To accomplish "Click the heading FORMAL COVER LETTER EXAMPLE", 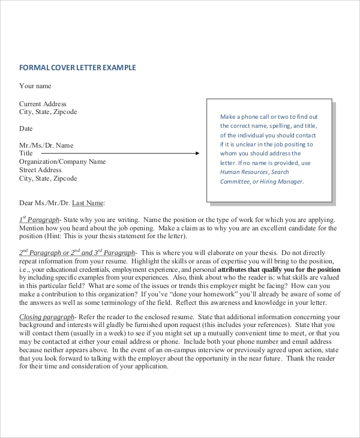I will pyautogui.click(x=77, y=68).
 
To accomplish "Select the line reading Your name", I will pyautogui.click(x=35, y=86).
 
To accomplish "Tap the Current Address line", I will pyautogui.click(x=43, y=104).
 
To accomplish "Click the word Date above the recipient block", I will pyautogui.click(x=26, y=128).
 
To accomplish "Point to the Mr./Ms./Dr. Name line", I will pyautogui.click(x=46, y=145).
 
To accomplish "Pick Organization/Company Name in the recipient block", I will pyautogui.click(x=62, y=161).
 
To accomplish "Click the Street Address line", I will pyautogui.click(x=40, y=170).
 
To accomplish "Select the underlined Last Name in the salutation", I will pyautogui.click(x=88, y=203).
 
